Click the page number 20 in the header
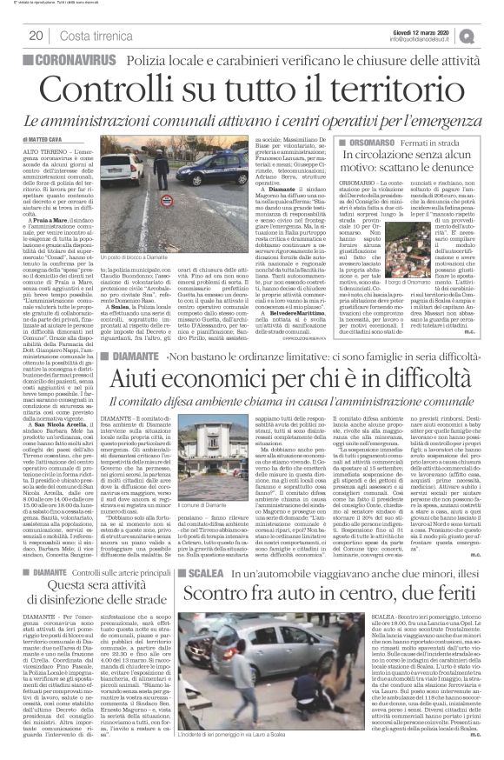pyautogui.click(x=36, y=35)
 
